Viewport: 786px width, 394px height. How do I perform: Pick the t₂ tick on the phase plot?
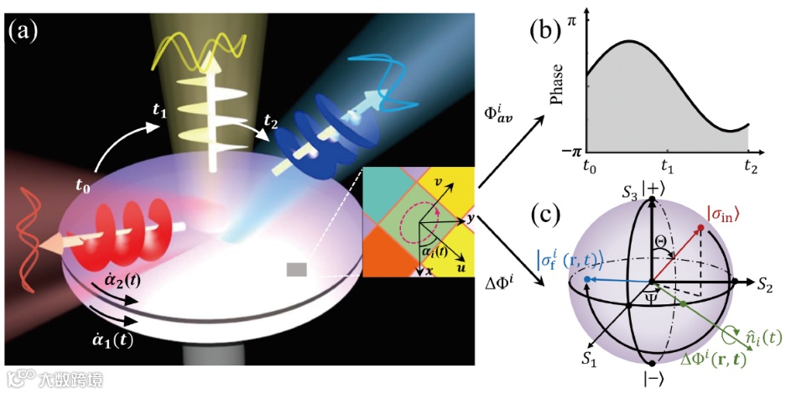pyautogui.click(x=748, y=166)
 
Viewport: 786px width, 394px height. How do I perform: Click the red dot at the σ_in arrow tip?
pyautogui.click(x=700, y=228)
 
